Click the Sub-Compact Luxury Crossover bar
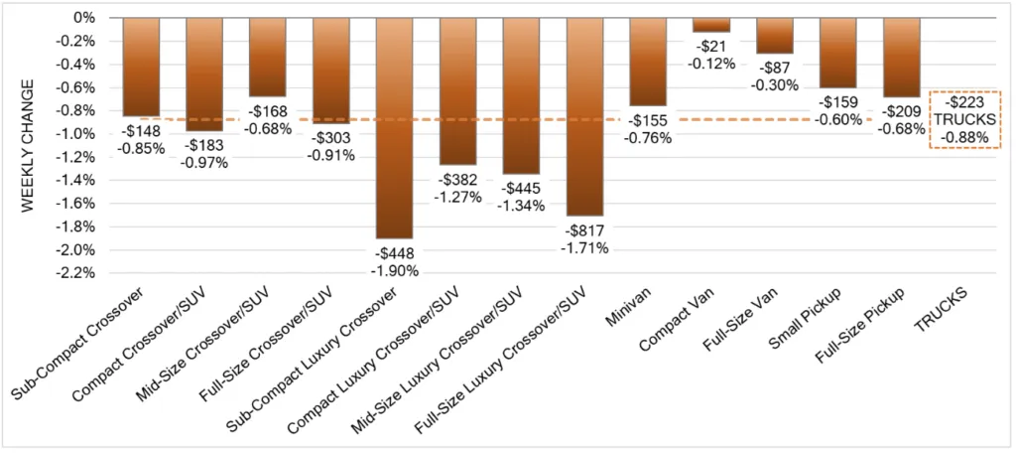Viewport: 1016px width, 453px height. coord(395,128)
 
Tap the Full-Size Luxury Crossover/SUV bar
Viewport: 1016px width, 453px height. coord(584,116)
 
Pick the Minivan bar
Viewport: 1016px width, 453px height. coord(648,62)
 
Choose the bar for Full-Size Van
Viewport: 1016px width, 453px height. coord(775,36)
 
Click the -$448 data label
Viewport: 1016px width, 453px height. coord(395,253)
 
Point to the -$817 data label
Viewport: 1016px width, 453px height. coord(585,230)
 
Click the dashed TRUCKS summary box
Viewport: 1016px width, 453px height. coord(964,119)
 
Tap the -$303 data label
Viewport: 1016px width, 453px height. coord(331,139)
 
